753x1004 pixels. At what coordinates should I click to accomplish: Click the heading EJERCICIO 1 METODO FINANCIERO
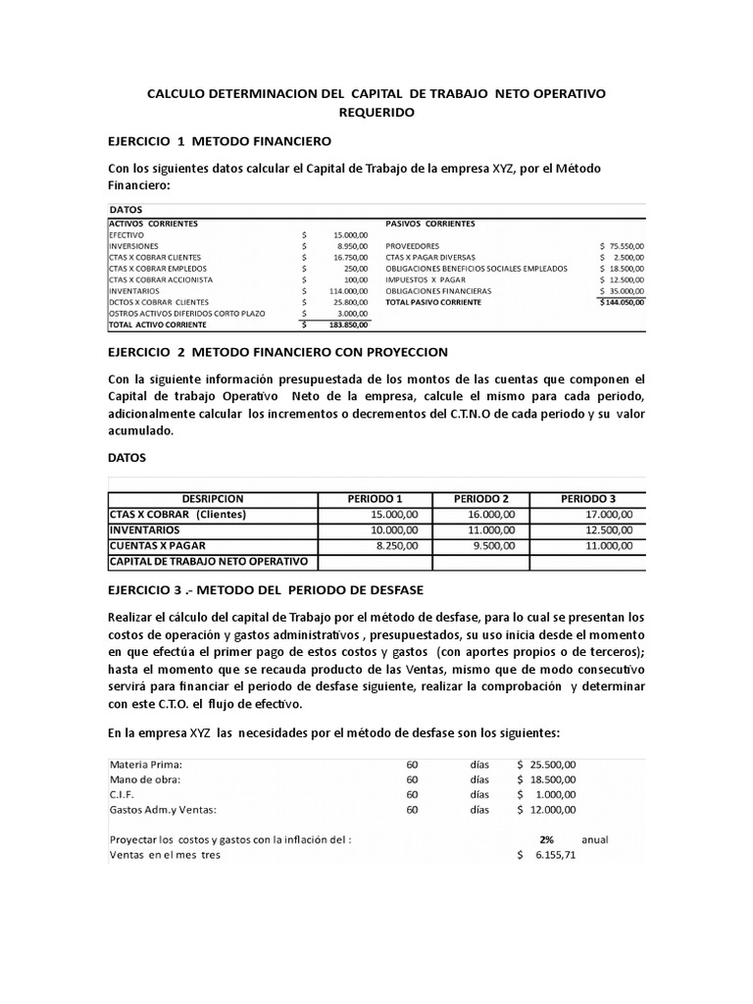pos(221,141)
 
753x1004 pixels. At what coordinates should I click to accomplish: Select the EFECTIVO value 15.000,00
pos(350,235)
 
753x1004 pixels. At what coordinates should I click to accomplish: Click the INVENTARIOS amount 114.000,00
pos(348,290)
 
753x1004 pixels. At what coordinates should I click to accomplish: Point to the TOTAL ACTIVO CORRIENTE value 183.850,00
pos(348,324)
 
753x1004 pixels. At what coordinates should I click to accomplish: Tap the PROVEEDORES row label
pos(413,246)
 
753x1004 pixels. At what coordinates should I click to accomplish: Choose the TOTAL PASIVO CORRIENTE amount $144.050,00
pos(622,302)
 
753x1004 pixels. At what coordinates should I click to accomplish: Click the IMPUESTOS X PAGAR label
pos(427,279)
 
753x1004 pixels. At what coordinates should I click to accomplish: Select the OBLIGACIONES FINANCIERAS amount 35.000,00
pos(625,291)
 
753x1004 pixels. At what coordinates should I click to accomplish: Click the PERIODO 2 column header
pos(481,498)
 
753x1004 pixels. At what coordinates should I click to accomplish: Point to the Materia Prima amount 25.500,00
pos(553,765)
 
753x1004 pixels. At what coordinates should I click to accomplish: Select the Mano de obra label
pos(144,779)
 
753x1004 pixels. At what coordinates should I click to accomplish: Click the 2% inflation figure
pos(547,839)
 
